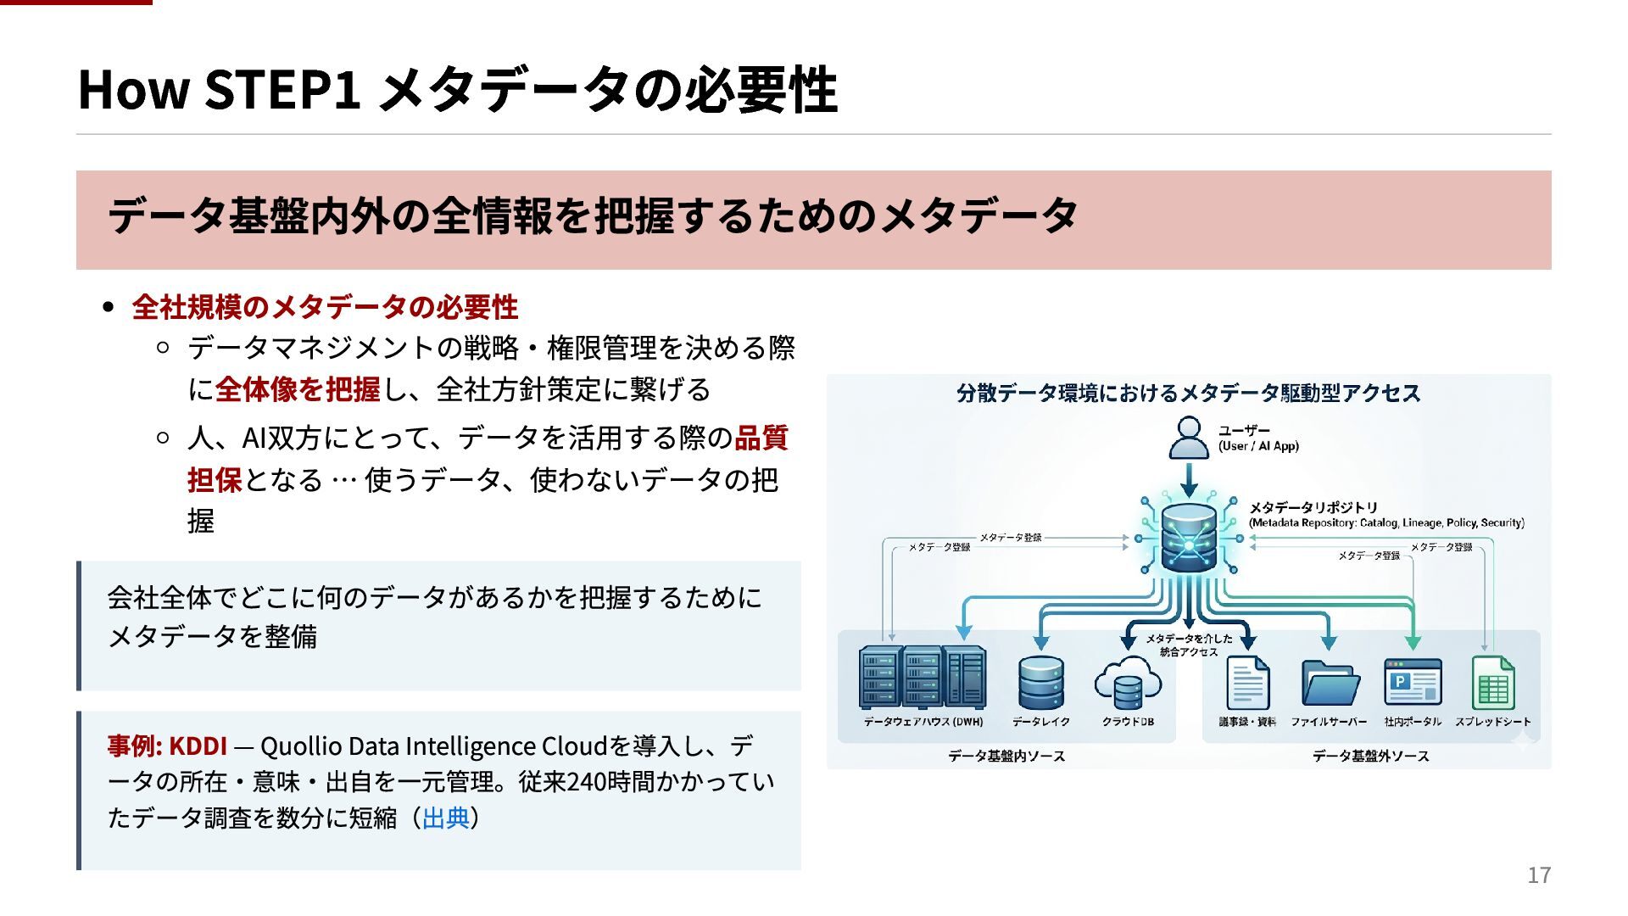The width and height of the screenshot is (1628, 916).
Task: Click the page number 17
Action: coord(1539,875)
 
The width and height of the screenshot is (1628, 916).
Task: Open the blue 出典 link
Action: coord(445,818)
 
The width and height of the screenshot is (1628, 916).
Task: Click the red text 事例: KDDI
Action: coord(167,746)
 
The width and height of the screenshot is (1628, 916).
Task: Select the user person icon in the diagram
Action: coord(1189,438)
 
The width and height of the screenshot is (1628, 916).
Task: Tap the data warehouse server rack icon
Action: coord(923,678)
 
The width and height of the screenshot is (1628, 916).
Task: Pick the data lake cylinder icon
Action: coord(1041,683)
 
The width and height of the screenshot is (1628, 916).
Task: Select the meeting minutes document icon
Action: coord(1248,683)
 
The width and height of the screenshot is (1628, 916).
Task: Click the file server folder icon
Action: coord(1330,684)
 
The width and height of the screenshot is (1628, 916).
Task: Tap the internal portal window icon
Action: coord(1413,683)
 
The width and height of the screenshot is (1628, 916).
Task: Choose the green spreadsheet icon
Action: coord(1493,683)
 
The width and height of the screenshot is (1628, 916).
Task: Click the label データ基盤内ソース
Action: coord(1006,756)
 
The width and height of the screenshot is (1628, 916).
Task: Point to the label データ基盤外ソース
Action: coord(1371,756)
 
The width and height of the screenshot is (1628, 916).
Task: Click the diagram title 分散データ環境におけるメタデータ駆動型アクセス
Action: coord(1188,394)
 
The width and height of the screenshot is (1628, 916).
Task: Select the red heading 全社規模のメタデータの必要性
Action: coord(325,307)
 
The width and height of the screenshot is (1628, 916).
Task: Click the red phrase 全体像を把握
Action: coord(298,390)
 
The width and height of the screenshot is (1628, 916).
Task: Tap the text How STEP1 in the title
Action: coord(220,89)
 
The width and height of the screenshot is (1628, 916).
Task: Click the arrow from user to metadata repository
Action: coord(1189,480)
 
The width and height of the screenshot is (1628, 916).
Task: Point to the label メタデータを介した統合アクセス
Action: coord(1189,645)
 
